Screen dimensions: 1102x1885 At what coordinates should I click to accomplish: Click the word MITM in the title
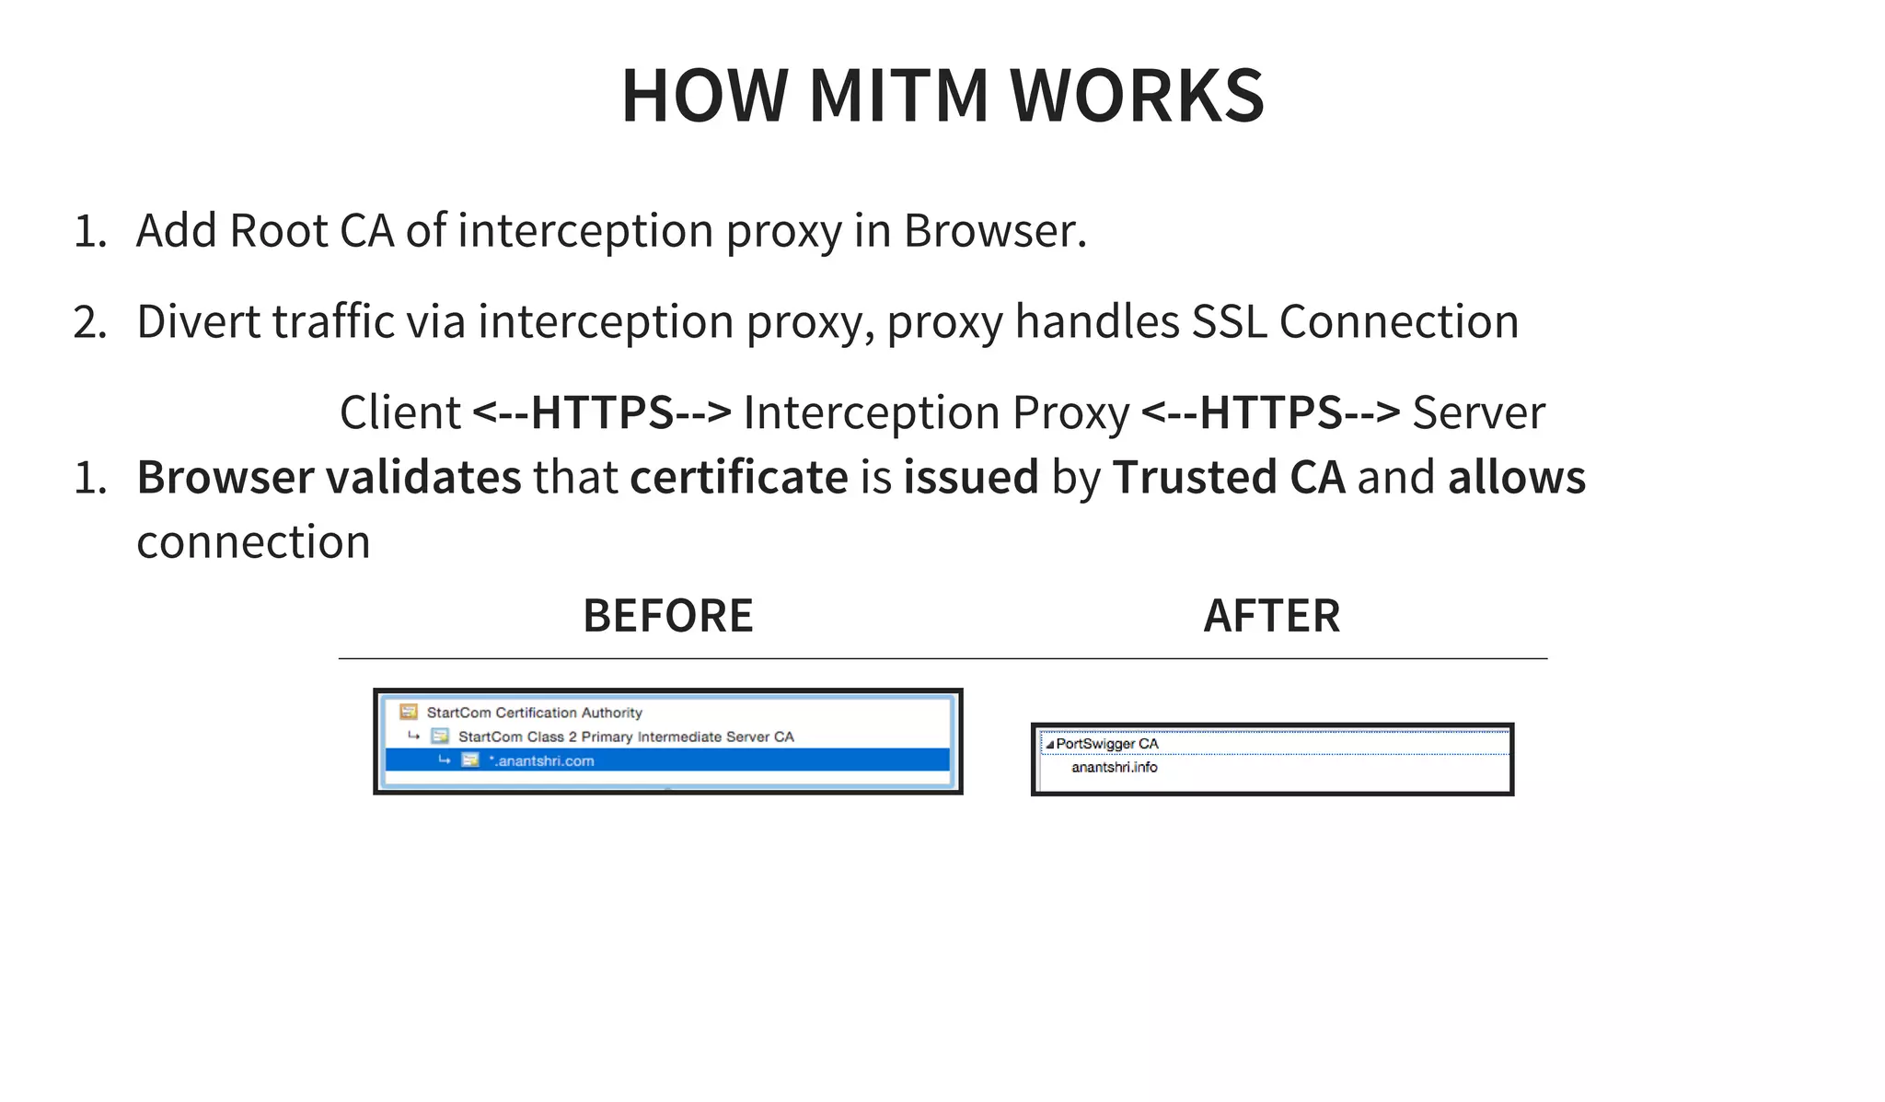point(897,96)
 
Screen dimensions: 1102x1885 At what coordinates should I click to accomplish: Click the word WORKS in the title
point(1137,96)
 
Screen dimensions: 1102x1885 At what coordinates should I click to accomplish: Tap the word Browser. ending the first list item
point(994,230)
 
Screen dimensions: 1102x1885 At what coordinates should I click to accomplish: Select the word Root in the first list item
point(278,230)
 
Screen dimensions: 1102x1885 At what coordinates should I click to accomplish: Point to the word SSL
point(1229,322)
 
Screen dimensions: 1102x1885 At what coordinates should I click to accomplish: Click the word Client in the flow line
point(399,412)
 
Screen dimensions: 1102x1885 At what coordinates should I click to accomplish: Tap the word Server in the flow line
point(1478,412)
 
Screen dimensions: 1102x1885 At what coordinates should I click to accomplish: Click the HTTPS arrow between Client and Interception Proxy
point(602,412)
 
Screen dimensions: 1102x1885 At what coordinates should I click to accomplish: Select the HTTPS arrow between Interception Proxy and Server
point(1270,412)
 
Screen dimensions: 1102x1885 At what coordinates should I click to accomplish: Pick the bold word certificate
point(738,478)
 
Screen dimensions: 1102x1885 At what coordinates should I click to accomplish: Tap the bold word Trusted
point(1195,478)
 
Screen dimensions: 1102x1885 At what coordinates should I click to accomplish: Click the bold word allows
point(1517,478)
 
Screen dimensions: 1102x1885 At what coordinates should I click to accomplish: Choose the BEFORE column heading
point(668,616)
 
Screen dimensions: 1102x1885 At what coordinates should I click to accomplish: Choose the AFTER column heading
point(1271,616)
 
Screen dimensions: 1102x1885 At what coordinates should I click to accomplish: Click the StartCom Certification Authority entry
point(534,713)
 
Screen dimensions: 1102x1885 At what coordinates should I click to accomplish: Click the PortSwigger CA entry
point(1106,744)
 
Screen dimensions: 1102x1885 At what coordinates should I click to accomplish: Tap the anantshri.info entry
point(1114,768)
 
